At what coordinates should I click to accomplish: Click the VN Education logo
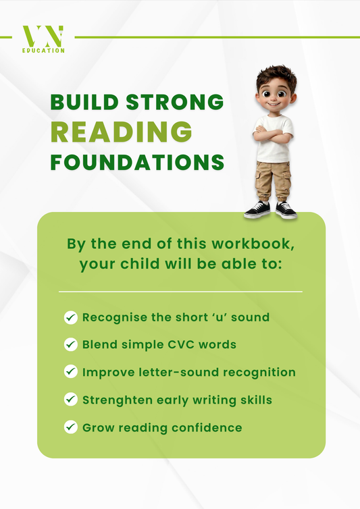43,39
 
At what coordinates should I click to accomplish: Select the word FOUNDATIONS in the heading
137,162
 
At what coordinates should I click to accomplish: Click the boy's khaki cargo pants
273,180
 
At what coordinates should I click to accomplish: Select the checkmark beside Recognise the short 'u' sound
70,317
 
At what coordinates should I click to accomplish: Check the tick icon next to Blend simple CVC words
70,345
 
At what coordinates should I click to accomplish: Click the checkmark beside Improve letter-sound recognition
70,372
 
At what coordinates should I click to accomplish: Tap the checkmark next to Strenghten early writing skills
70,400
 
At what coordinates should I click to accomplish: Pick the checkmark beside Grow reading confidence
70,427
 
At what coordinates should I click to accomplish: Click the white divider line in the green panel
180,292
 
